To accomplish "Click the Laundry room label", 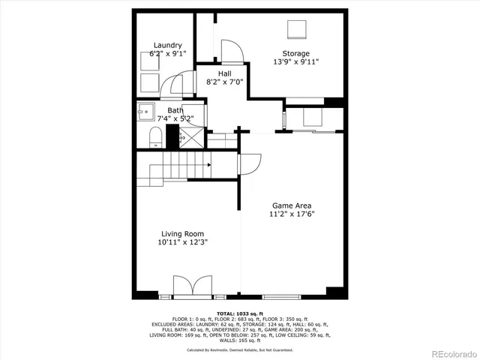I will (167, 45).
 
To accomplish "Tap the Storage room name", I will (295, 53).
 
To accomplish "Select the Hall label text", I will (224, 73).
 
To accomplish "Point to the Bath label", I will (175, 110).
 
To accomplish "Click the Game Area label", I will (292, 205).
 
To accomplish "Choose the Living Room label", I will (181, 234).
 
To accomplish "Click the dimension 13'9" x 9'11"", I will (295, 62).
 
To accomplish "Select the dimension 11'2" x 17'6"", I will (292, 214).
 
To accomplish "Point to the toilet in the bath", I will (156, 136).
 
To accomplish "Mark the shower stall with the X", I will (192, 137).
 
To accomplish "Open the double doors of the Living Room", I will (187, 286).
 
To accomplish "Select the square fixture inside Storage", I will (298, 29).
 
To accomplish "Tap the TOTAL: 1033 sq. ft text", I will (240, 313).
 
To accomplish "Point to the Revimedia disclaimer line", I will (240, 349).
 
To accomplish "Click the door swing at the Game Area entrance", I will (250, 163).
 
